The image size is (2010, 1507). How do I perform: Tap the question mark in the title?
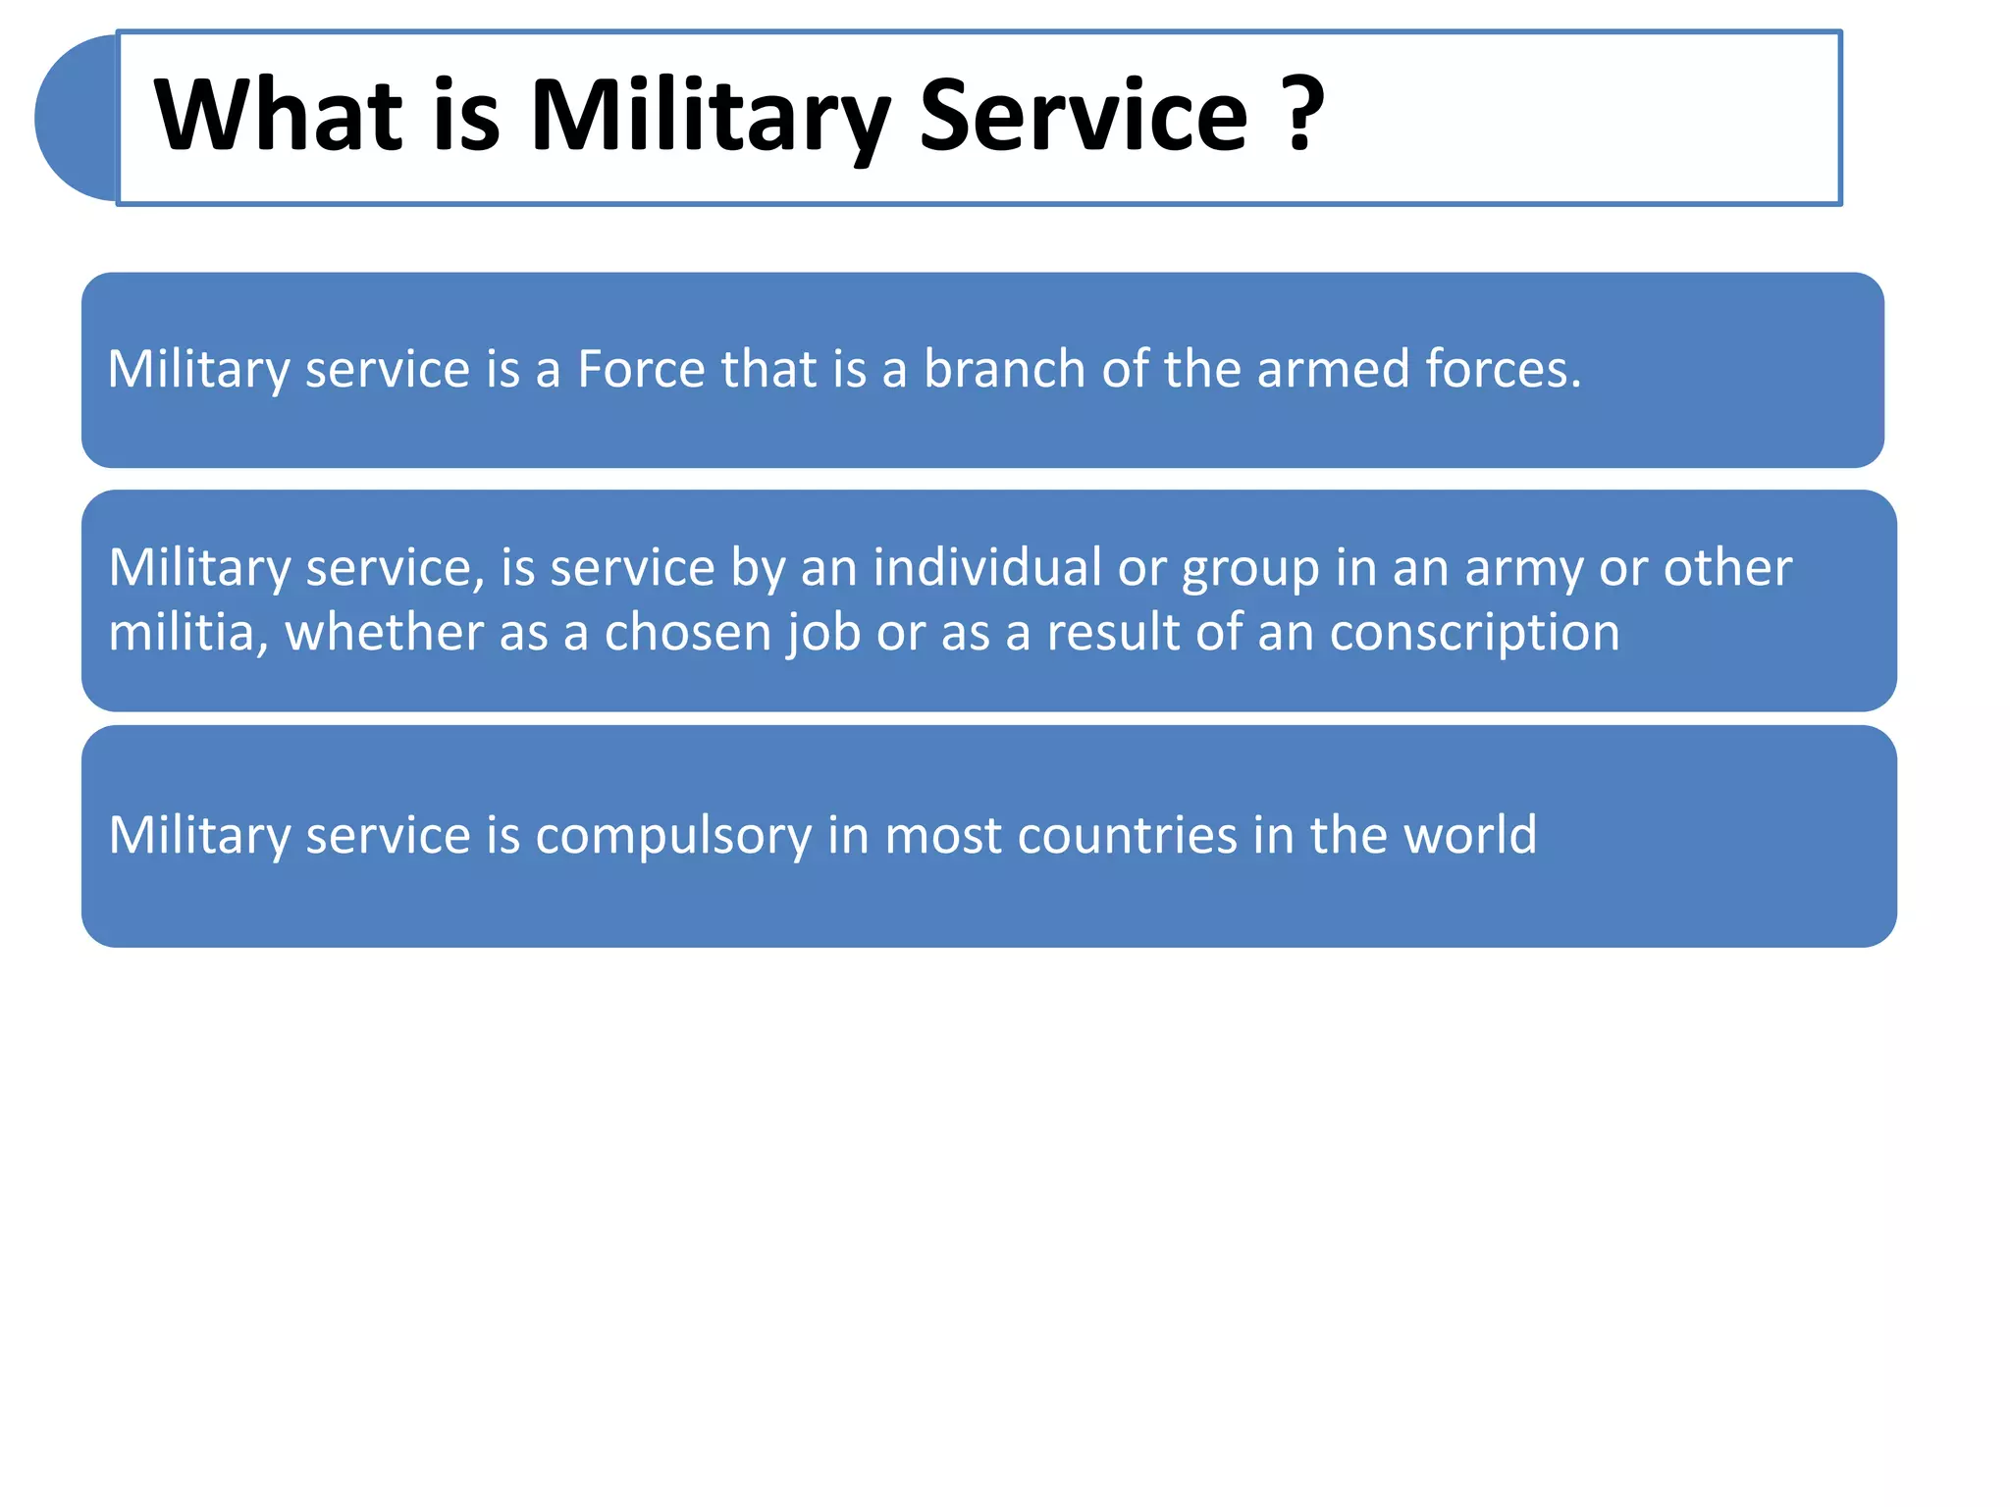point(1302,116)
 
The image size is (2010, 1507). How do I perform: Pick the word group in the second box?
point(1249,569)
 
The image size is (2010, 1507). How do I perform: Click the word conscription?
point(1474,634)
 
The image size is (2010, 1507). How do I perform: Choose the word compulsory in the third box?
point(673,836)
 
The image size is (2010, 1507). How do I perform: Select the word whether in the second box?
point(384,632)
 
